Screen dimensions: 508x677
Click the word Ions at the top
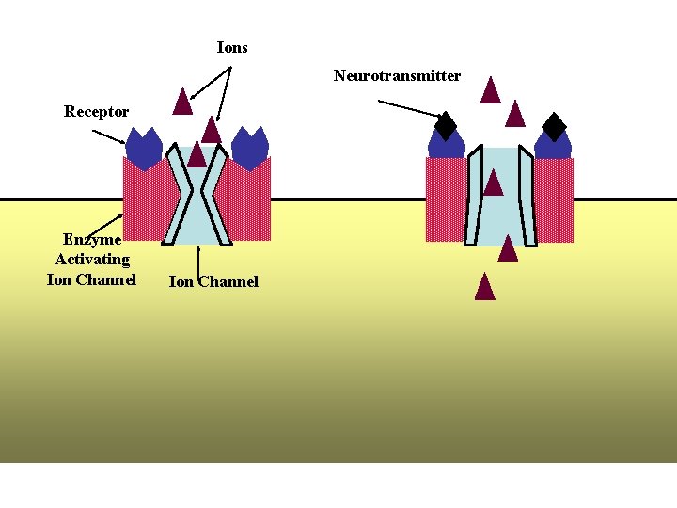click(232, 47)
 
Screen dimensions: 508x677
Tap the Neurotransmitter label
click(397, 75)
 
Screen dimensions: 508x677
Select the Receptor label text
click(96, 112)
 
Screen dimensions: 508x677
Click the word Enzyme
click(91, 240)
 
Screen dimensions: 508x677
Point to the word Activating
click(91, 260)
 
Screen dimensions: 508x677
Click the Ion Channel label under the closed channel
click(213, 281)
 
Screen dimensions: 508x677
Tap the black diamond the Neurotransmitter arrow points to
click(446, 126)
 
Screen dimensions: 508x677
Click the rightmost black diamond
click(555, 126)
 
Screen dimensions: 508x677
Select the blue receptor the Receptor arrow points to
click(144, 149)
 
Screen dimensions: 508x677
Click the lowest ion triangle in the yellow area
click(484, 286)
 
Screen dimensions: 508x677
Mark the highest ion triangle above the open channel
click(490, 89)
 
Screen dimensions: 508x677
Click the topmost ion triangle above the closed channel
click(182, 101)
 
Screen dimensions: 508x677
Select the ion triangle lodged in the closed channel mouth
click(196, 155)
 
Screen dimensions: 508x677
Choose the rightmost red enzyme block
click(554, 199)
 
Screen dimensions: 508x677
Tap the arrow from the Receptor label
click(110, 135)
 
